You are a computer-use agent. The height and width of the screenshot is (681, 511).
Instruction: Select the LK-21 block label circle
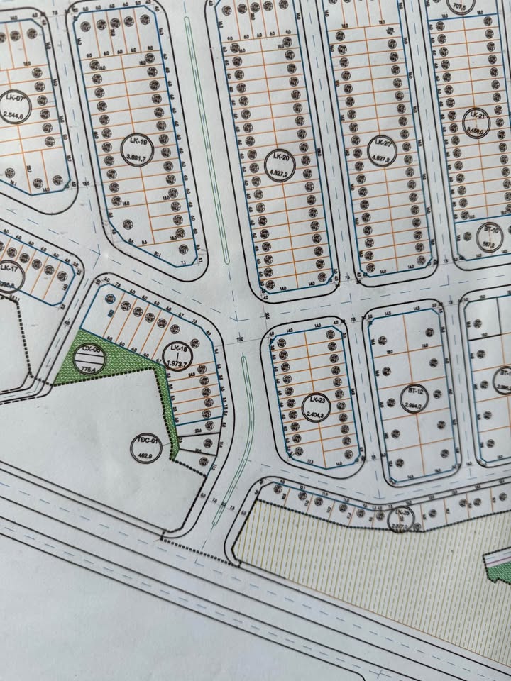coord(476,122)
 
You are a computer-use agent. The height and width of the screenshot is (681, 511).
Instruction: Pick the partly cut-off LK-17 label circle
coord(9,275)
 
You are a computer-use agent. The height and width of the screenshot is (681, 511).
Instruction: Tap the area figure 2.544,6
coord(13,116)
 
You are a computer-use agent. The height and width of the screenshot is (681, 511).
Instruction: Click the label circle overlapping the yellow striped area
coord(402,519)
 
